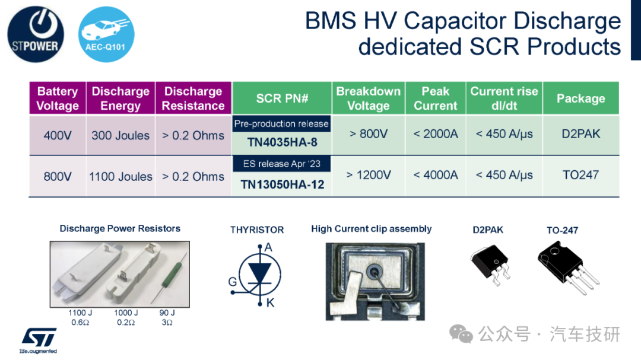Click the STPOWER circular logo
[36, 34]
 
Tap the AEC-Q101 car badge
[106, 34]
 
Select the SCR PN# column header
[282, 98]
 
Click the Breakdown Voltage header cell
[369, 98]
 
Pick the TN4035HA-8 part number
[282, 142]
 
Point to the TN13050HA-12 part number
[282, 184]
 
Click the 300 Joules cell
[120, 135]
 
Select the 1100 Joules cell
[120, 177]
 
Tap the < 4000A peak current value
[436, 175]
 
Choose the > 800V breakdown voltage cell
[369, 133]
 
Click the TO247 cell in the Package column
[580, 175]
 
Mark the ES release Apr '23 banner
[282, 164]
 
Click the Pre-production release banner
[282, 123]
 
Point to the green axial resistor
[169, 278]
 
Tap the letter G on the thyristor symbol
[233, 282]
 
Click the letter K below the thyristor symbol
[270, 303]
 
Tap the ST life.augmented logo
[39, 340]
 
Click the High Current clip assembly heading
[371, 229]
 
